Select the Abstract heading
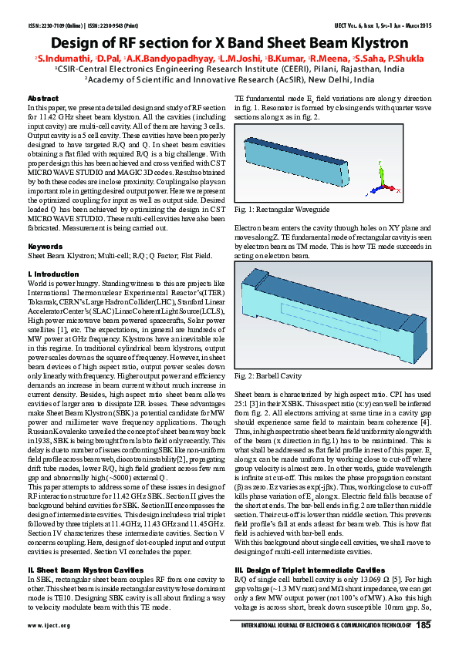tap(42, 99)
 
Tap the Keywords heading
tap(46, 246)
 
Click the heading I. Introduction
tap(53, 274)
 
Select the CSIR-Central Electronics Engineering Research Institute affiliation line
tap(229, 68)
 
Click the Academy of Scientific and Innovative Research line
tap(229, 79)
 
